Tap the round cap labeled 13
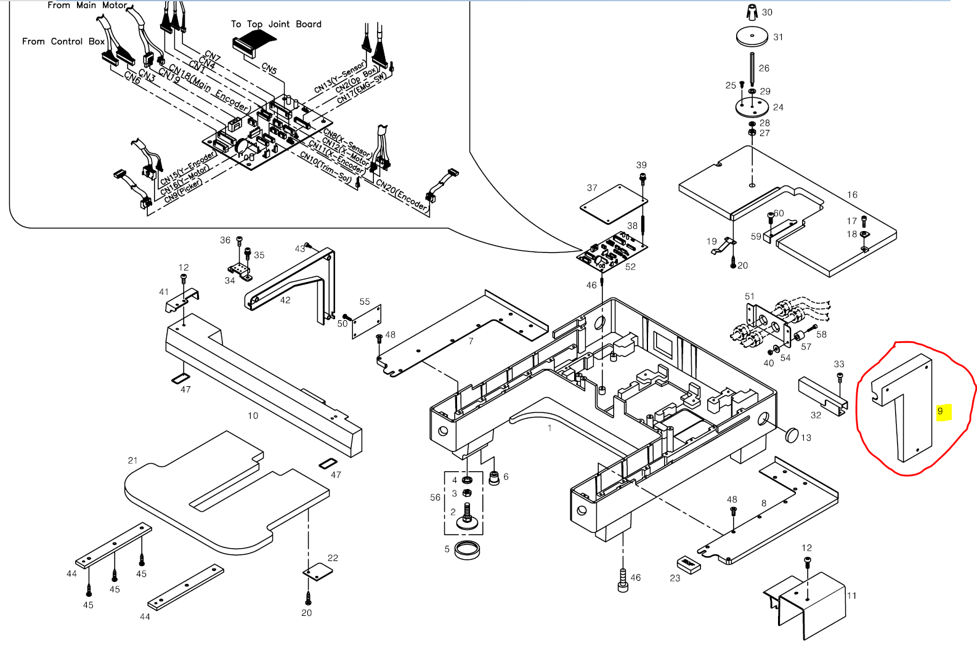[792, 435]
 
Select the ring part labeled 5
[467, 550]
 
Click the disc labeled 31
[752, 36]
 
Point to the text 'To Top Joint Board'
[276, 25]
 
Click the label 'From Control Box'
[63, 41]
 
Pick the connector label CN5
[269, 68]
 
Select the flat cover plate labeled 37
[613, 204]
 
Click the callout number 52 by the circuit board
[630, 267]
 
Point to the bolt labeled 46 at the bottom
[623, 580]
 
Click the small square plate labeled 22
[317, 572]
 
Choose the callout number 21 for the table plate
[132, 461]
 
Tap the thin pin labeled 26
[752, 70]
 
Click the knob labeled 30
[752, 12]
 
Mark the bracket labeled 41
[182, 301]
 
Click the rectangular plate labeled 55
[367, 321]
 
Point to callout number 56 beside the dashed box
[435, 498]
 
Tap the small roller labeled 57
[798, 337]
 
